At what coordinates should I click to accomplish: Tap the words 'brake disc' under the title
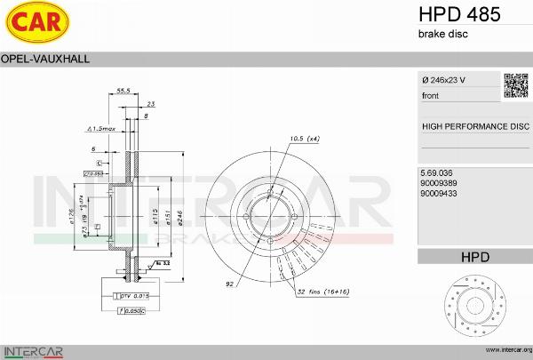click(x=442, y=34)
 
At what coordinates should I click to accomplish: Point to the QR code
click(x=515, y=84)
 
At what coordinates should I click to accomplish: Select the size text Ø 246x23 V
click(x=443, y=80)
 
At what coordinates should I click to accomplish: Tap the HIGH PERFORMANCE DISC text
click(x=474, y=126)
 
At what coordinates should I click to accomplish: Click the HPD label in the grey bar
click(x=474, y=257)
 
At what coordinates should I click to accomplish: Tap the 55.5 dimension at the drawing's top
click(x=123, y=91)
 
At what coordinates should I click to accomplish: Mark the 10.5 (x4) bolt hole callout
click(x=305, y=138)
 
